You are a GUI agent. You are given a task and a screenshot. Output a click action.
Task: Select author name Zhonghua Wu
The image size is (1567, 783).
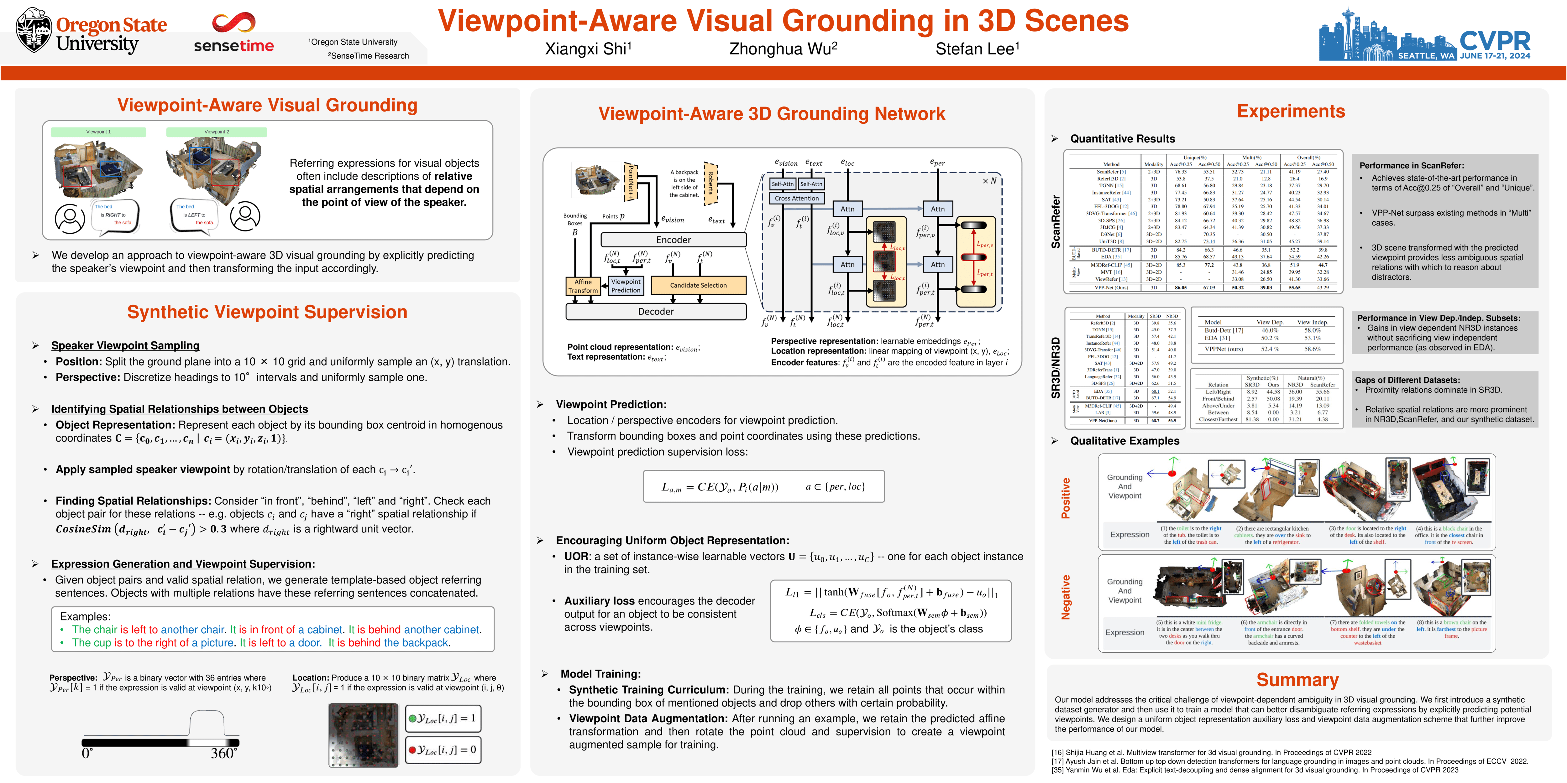coord(783,49)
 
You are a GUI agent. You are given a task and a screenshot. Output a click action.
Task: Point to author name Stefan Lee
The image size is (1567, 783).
coord(977,49)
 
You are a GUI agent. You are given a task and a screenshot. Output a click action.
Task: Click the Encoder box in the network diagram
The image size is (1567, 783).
coord(673,240)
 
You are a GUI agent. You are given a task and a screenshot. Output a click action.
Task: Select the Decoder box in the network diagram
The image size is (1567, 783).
coord(656,311)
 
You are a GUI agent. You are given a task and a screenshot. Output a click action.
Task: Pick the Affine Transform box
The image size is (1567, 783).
coord(583,286)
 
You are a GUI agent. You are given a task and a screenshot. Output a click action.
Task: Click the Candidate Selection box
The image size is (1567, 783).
coord(698,285)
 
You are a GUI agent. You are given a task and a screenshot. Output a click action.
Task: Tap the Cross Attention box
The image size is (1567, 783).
coord(797,198)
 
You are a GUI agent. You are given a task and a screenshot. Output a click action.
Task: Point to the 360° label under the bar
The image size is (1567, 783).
coord(223,754)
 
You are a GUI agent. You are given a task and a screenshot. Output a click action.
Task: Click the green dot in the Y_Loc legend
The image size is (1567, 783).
coord(412,718)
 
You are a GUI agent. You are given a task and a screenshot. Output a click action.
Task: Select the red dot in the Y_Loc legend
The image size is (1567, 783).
coord(412,749)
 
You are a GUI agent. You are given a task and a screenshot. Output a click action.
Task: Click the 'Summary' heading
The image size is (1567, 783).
coord(1297,680)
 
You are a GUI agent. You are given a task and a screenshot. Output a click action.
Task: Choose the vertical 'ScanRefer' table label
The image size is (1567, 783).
coord(1056,221)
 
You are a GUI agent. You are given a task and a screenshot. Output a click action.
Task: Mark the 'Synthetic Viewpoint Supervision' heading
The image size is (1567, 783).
coord(267,312)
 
